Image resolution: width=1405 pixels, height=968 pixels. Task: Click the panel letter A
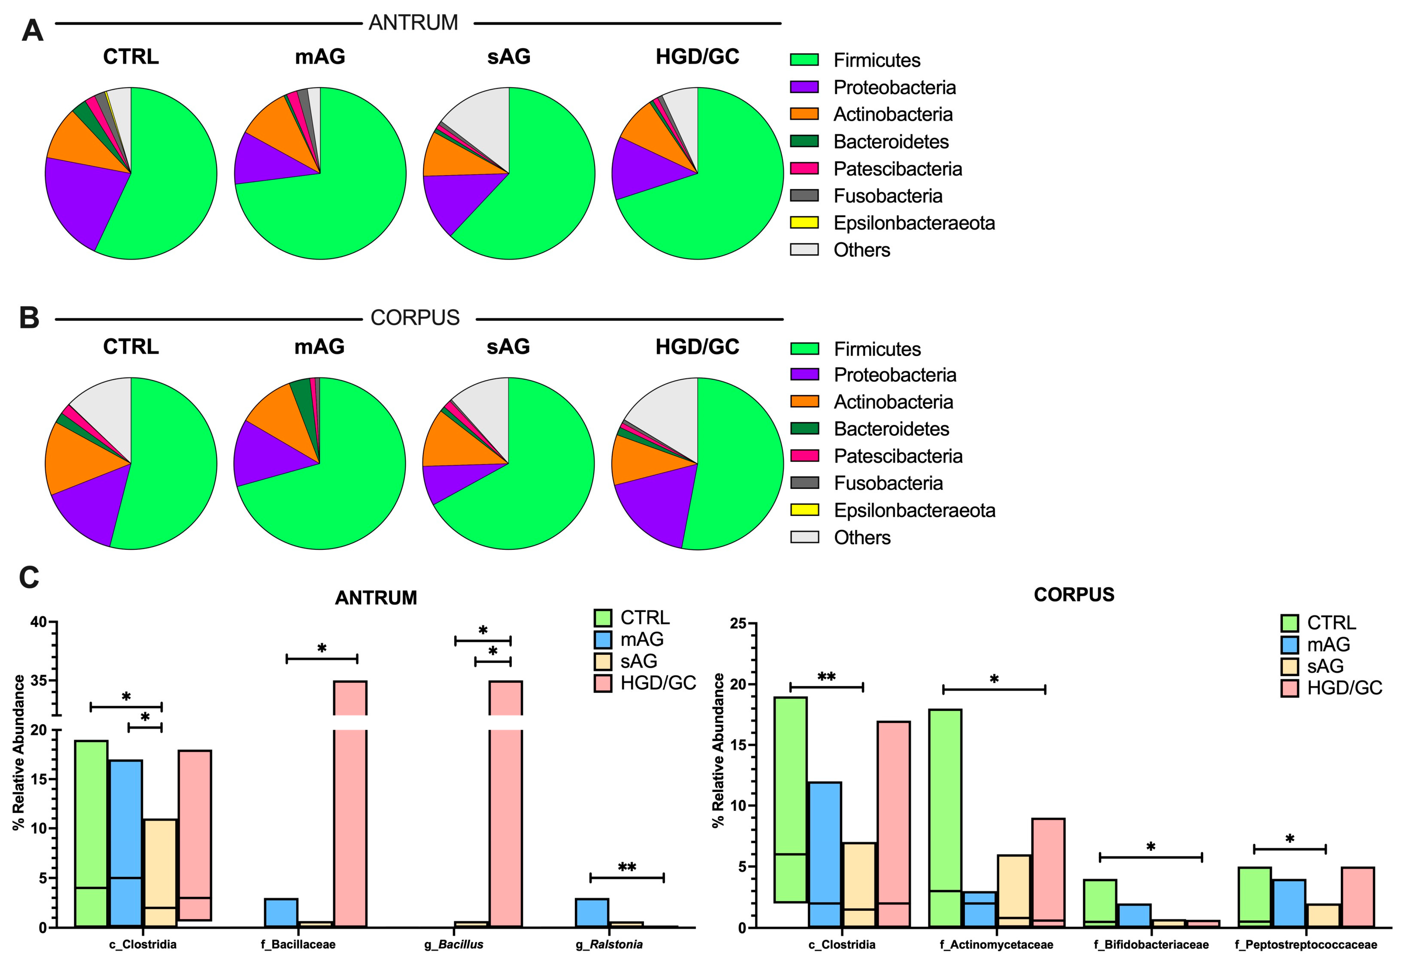32,30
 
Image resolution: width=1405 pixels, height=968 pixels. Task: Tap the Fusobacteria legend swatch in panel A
804,195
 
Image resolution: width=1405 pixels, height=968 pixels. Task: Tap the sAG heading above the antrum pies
508,56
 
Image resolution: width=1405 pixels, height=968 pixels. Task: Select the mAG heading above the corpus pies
319,346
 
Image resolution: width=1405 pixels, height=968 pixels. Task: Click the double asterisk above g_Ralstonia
627,867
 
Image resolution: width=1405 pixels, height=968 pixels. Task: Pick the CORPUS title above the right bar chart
1073,594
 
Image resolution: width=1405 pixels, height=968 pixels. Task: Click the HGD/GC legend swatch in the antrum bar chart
603,683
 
